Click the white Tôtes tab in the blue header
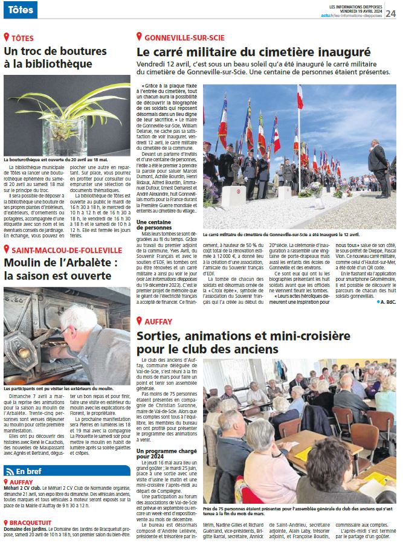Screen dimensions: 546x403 click(x=19, y=10)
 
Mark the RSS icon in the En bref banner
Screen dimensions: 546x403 click(x=9, y=471)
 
